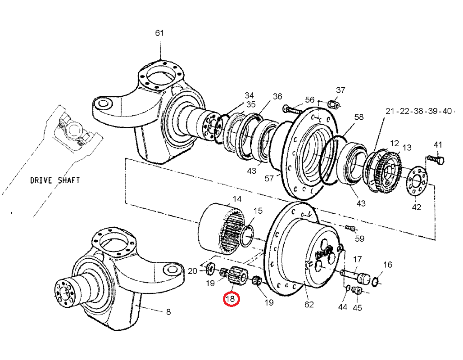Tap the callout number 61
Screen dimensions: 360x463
click(160, 33)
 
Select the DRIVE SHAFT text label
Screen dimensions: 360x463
click(55, 180)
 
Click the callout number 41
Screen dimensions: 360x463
click(438, 144)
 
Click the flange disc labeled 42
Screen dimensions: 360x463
click(417, 182)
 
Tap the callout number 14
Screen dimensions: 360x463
click(237, 199)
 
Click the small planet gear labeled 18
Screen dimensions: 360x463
click(236, 275)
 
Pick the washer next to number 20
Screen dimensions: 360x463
click(210, 270)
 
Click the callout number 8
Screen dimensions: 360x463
click(168, 311)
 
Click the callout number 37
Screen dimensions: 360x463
click(340, 90)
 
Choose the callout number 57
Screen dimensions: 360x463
click(269, 179)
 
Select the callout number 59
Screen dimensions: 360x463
click(359, 238)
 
